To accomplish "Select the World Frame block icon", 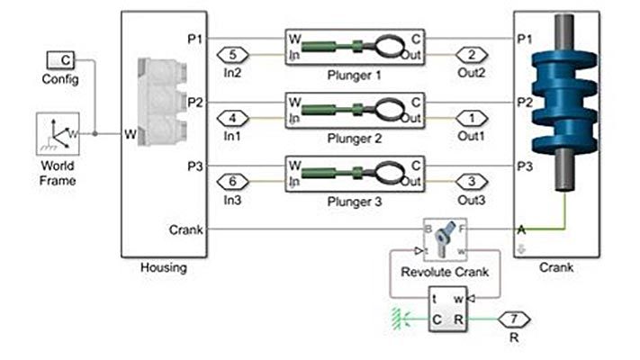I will click(58, 134).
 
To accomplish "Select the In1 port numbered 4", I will click(231, 118).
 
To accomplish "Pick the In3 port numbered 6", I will click(231, 182).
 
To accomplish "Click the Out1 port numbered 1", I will click(472, 118).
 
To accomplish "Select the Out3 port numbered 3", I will click(472, 182).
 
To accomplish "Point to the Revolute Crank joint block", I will click(446, 239).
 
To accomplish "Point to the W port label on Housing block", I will click(131, 135).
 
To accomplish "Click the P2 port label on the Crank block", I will click(525, 103).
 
